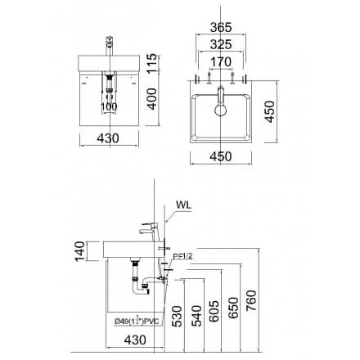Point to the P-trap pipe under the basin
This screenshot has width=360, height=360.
pos(137,283)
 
